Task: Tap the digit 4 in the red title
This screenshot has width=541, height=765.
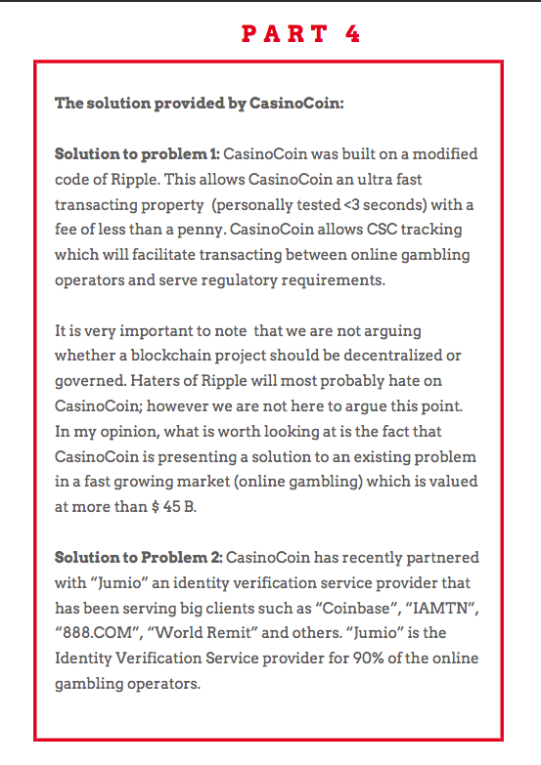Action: [352, 33]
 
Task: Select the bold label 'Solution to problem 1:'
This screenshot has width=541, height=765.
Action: [137, 154]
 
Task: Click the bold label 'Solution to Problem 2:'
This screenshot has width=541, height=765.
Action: [139, 557]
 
